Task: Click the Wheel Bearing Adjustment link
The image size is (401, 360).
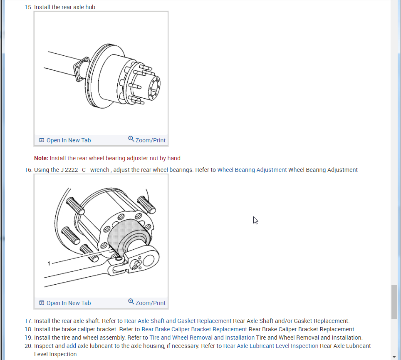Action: tap(252, 170)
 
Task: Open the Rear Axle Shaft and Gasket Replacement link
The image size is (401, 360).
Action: tap(178, 321)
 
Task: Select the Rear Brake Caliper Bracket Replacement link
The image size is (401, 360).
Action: tap(194, 329)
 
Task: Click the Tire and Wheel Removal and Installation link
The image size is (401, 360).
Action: tap(202, 338)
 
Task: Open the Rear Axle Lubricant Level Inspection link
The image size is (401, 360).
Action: tap(270, 346)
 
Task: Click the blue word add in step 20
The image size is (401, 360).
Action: tap(71, 346)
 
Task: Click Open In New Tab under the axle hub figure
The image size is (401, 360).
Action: tap(68, 140)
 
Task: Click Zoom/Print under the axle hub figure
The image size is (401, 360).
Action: tap(150, 140)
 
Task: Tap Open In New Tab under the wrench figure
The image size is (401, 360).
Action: tap(68, 303)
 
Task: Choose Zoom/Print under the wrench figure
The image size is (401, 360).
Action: tap(150, 303)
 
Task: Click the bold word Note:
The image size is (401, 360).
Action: tap(41, 158)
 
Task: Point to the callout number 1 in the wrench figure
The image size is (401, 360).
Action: tap(49, 263)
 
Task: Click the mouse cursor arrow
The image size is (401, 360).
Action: tap(255, 220)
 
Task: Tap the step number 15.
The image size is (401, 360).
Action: tap(28, 7)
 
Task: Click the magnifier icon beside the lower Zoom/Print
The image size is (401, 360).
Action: tap(131, 302)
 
